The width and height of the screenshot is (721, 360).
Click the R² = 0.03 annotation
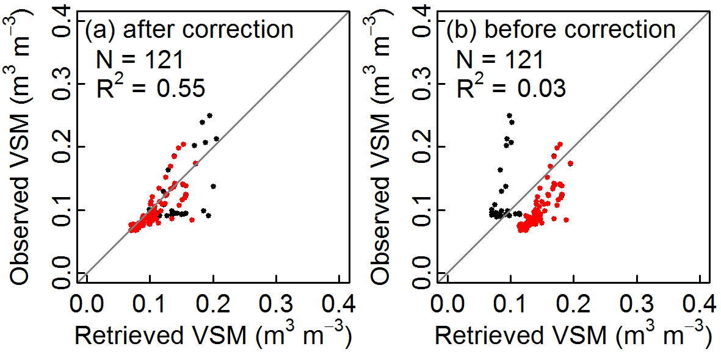pyautogui.click(x=512, y=88)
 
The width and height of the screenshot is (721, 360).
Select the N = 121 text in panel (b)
pyautogui.click(x=498, y=60)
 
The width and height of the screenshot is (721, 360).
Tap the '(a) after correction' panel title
pyautogui.click(x=189, y=29)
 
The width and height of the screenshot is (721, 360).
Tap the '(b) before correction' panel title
pyautogui.click(x=561, y=29)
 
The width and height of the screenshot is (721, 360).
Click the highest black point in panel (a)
pyautogui.click(x=209, y=115)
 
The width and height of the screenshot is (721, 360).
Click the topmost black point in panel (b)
pyautogui.click(x=509, y=115)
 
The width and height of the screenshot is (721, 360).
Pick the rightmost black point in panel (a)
pyautogui.click(x=216, y=139)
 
